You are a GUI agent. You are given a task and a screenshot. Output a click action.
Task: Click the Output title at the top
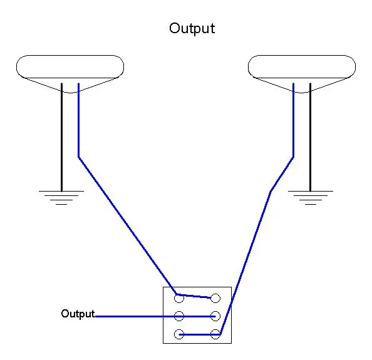[192, 29]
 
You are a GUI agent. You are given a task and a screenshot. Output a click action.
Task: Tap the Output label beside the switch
[78, 314]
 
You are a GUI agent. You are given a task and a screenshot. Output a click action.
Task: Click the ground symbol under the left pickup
[61, 197]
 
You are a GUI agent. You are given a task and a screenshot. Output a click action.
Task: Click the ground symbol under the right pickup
[311, 197]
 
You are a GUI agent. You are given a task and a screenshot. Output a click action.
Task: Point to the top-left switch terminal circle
[179, 298]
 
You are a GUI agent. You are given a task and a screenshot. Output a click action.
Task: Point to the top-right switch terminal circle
[215, 298]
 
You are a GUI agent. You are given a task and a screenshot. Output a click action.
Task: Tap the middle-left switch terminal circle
[179, 316]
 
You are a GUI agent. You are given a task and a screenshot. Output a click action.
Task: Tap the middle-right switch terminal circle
[215, 316]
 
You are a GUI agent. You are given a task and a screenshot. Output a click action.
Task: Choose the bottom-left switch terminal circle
[179, 334]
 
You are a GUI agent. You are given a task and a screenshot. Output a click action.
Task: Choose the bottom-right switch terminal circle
[215, 334]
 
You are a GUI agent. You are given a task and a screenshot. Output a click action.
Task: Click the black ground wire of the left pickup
[61, 137]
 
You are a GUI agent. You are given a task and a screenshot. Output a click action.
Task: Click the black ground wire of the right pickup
[311, 137]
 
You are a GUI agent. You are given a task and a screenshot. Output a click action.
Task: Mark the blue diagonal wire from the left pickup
[127, 225]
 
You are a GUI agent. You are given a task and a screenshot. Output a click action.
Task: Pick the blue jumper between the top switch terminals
[194, 296]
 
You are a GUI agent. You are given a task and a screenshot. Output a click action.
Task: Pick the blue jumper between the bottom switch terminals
[200, 334]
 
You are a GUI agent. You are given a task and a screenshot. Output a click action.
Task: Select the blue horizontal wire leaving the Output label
[155, 316]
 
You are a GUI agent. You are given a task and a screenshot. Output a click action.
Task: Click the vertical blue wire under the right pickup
[294, 120]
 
